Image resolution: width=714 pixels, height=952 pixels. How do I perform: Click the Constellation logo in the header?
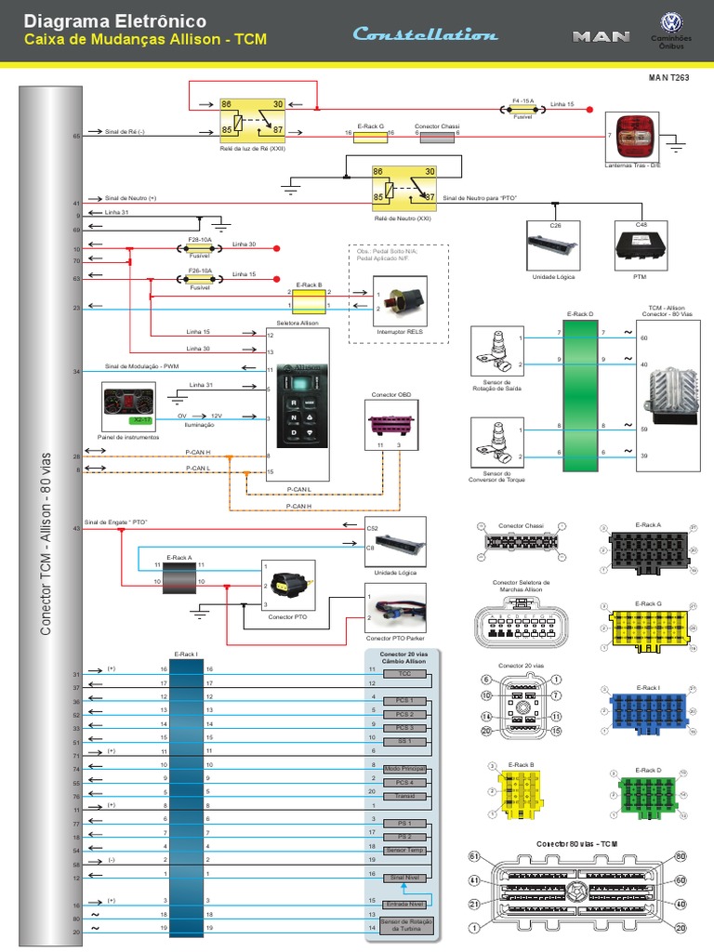point(425,34)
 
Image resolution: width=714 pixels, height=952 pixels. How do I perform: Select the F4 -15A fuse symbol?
point(522,109)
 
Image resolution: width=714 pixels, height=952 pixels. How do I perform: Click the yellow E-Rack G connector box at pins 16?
point(371,134)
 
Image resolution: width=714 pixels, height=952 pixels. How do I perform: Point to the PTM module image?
point(641,243)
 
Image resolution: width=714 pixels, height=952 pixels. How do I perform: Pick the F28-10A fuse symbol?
point(199,248)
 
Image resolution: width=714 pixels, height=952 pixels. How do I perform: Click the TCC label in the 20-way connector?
point(403,672)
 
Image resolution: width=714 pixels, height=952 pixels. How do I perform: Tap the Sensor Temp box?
point(403,850)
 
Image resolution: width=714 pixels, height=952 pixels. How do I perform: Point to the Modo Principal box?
point(403,769)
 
